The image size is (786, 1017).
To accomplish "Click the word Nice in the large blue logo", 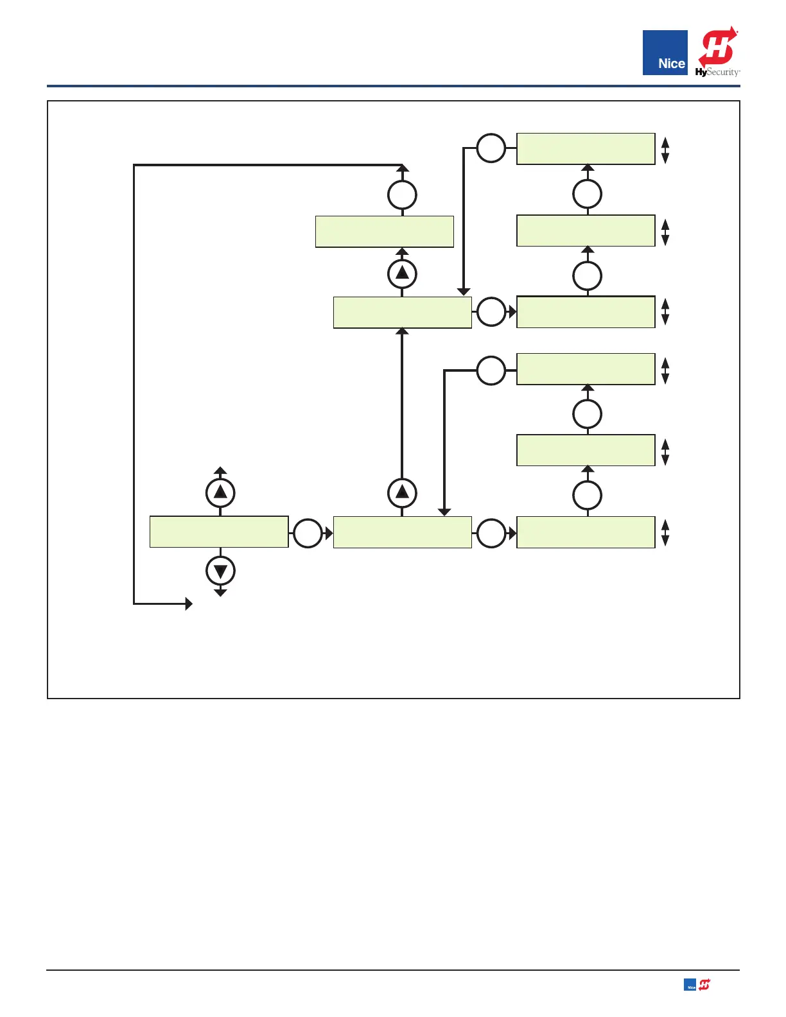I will click(671, 64).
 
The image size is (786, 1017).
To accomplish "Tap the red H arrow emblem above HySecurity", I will click(718, 46).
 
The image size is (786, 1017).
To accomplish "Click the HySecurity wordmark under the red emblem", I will click(717, 72).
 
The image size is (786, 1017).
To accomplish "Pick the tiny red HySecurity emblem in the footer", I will click(705, 984).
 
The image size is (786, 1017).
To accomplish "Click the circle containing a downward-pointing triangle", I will click(220, 570).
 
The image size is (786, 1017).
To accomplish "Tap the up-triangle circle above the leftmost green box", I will click(220, 492).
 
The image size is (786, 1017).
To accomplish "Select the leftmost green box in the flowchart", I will click(219, 532).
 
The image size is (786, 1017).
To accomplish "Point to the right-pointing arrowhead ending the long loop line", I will click(189, 604).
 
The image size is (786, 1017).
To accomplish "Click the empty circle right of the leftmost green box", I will click(308, 533).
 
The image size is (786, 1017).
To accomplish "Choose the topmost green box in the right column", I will click(586, 149).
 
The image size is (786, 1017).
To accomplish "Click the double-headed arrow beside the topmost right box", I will click(665, 150).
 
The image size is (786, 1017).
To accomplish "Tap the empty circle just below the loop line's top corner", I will click(402, 195).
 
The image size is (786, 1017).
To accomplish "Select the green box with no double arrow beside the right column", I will click(384, 232).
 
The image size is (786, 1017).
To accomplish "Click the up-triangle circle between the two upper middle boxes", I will click(402, 274).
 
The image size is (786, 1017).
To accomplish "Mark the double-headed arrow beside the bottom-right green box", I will click(665, 532).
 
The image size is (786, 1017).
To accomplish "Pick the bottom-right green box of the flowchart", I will click(586, 532).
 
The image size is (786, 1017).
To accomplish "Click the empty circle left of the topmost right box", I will click(491, 148).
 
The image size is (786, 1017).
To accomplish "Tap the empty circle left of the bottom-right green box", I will click(491, 533).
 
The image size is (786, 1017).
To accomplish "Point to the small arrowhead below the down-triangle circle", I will click(220, 593).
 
